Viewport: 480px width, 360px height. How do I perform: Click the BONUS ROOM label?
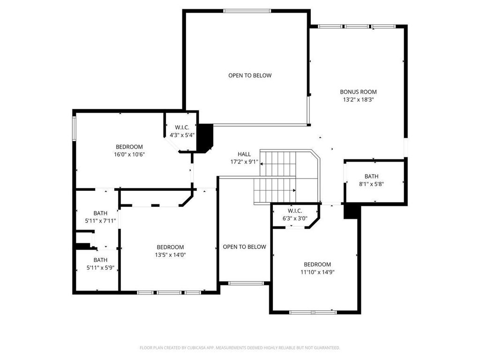pos(358,92)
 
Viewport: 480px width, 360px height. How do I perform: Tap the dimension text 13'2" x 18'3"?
pos(358,99)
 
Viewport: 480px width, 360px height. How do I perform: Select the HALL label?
pos(244,154)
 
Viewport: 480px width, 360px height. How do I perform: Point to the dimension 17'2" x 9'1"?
pos(244,162)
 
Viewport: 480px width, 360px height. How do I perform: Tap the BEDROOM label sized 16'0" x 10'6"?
pos(129,147)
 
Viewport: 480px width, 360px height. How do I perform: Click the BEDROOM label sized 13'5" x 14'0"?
pos(170,247)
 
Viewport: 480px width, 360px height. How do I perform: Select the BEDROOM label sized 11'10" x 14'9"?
pos(317,264)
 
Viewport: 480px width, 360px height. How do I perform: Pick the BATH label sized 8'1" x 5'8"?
pos(371,176)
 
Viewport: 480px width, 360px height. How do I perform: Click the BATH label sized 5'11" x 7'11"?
pos(100,213)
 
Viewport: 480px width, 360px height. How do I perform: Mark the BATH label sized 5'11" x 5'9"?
pos(100,260)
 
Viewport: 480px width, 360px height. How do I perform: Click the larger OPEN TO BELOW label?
pos(250,75)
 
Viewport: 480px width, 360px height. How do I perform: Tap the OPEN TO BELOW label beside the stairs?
pos(244,247)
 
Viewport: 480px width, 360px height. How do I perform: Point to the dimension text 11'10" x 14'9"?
pos(317,272)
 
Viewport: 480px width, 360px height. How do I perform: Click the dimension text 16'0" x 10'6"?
pos(129,154)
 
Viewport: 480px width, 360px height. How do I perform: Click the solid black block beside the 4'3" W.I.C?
pos(204,137)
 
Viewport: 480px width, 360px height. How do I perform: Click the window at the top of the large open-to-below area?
pos(247,11)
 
